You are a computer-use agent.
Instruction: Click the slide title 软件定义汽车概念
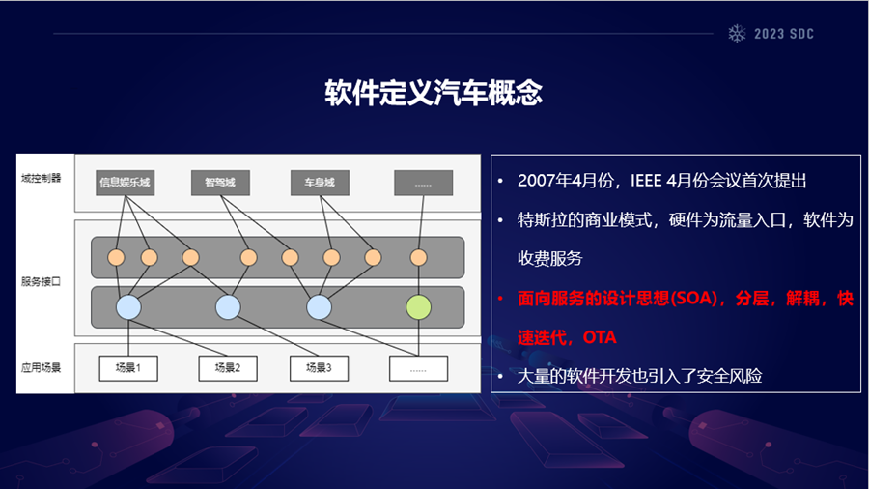pyautogui.click(x=434, y=94)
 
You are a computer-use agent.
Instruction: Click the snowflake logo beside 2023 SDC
pyautogui.click(x=738, y=33)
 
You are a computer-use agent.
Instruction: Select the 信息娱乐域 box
pyautogui.click(x=126, y=182)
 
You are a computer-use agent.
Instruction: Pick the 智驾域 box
pyautogui.click(x=221, y=182)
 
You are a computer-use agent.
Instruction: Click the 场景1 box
pyautogui.click(x=128, y=367)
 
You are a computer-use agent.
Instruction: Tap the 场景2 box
pyautogui.click(x=227, y=367)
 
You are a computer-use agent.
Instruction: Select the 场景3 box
pyautogui.click(x=319, y=367)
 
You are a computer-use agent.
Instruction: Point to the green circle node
pyautogui.click(x=417, y=307)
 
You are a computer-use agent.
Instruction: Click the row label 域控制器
pyautogui.click(x=40, y=179)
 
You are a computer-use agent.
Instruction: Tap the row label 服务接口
pyautogui.click(x=40, y=282)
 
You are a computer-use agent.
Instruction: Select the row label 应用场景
pyautogui.click(x=40, y=368)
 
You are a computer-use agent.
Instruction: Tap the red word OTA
pyautogui.click(x=599, y=337)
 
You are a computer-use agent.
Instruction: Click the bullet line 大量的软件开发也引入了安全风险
pyautogui.click(x=640, y=375)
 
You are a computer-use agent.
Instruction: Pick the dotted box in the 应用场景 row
pyautogui.click(x=418, y=367)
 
